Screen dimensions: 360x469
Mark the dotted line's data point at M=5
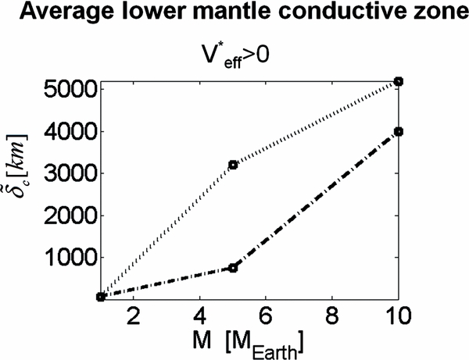click(x=233, y=165)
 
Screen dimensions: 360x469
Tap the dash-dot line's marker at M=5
click(x=233, y=268)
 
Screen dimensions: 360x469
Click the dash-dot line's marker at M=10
click(x=399, y=131)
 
